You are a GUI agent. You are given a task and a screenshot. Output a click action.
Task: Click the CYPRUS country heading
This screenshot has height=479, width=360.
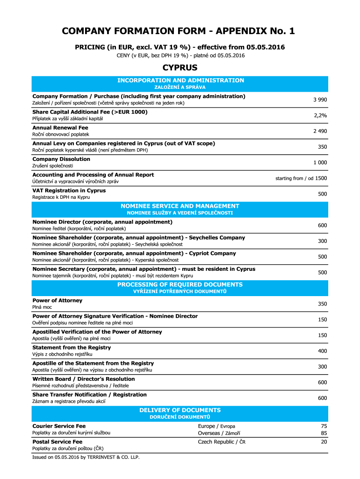coord(180,68)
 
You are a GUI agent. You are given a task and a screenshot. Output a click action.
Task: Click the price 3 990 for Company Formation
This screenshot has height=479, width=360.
coord(320,100)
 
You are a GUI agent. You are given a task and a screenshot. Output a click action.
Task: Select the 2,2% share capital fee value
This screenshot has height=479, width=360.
coord(320,116)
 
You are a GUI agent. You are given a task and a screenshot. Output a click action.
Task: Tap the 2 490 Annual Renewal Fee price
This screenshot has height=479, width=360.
coord(320,131)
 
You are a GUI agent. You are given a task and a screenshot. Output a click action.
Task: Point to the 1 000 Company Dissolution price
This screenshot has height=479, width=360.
coord(320,163)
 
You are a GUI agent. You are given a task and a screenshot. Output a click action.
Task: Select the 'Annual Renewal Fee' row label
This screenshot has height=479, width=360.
coord(60,128)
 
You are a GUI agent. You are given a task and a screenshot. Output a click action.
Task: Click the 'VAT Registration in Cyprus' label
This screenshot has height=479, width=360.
coord(69,191)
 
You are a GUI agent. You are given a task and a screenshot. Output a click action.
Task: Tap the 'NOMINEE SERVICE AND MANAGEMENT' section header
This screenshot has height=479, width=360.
coord(180,206)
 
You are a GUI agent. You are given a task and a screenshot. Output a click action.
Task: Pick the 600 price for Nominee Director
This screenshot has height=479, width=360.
coord(322,225)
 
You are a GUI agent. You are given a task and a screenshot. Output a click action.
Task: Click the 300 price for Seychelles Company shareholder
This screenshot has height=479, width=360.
coord(322,241)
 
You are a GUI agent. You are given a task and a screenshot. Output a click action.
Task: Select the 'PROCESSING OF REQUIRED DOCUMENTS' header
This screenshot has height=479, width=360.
coord(180,284)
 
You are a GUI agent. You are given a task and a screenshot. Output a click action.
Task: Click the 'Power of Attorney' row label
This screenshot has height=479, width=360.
coord(57,300)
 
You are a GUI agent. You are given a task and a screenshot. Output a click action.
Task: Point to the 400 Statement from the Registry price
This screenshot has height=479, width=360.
coord(322,351)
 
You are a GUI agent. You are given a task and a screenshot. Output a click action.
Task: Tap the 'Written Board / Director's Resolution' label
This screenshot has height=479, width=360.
coord(83,379)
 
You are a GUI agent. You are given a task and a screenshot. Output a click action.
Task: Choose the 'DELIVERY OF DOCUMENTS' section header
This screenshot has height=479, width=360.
coord(180,410)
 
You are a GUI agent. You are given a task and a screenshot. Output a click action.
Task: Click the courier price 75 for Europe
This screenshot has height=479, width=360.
coord(324,426)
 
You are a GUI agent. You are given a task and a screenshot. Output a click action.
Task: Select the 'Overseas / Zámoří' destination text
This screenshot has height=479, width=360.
coord(216,433)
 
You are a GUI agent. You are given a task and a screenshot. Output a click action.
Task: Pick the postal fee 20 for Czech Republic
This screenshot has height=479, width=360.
coord(324,442)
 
